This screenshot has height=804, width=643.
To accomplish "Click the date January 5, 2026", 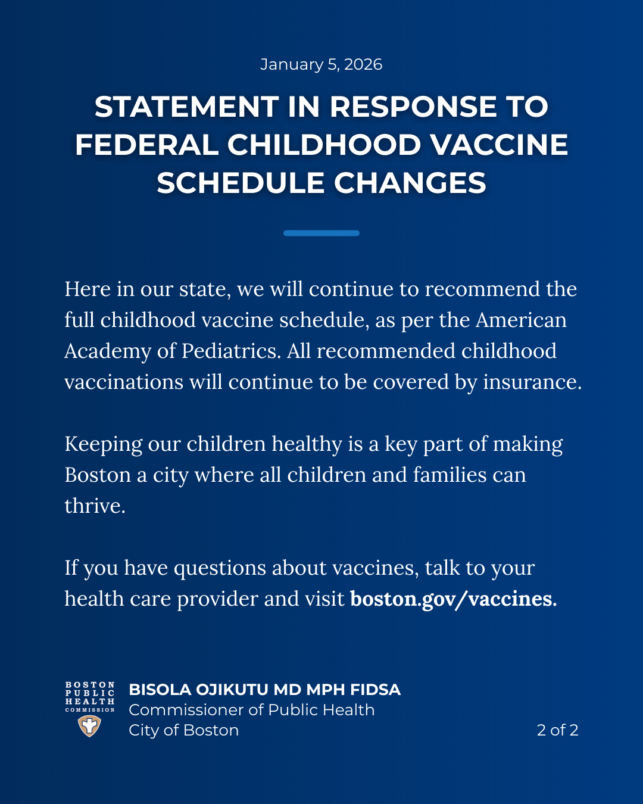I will coord(321,64).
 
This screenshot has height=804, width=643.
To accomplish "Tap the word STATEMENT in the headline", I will coord(186,107).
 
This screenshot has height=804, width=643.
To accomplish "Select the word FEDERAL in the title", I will coord(146,145).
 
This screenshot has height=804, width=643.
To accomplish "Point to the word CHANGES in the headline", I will coord(410,183).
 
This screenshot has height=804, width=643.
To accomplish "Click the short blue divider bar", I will coord(321,233).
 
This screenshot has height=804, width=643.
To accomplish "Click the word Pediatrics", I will coord(230,351).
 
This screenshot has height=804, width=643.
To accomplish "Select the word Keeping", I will coord(103,444).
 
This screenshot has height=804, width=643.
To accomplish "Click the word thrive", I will coord(94,506).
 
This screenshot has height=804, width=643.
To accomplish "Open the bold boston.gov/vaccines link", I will coord(453,599).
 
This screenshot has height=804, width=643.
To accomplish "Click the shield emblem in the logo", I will coord(89,726).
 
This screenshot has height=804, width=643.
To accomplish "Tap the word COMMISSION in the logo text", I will coord(90,710).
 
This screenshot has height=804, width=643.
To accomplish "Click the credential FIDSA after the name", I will coord(375,690).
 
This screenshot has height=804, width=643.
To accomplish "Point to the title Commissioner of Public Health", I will coord(251,710).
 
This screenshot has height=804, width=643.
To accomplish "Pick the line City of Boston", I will coord(183,730).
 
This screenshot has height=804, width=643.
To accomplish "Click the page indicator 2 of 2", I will coord(557,730).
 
